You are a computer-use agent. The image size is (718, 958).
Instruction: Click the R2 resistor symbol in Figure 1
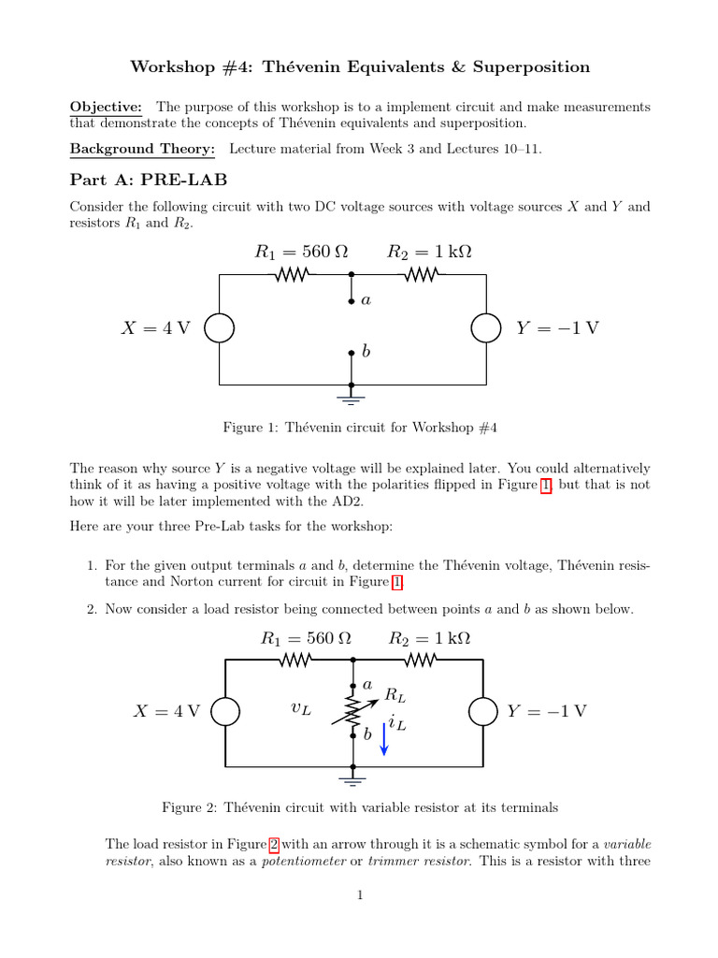point(422,275)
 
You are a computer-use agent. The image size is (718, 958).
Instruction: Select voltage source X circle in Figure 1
point(220,328)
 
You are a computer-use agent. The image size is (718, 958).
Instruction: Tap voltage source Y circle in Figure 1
point(485,328)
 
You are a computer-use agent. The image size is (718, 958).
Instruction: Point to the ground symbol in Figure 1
point(352,399)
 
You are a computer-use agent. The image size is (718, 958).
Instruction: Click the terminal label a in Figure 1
point(366,301)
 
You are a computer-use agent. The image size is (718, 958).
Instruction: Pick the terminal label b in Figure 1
point(366,352)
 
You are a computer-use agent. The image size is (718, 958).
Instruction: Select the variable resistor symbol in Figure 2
point(353,712)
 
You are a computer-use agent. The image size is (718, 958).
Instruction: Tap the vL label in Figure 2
point(301,711)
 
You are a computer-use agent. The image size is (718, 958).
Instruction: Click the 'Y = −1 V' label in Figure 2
point(547,711)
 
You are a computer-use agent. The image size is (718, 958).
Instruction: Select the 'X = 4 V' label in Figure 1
point(155,328)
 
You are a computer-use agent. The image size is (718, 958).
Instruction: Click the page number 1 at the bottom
point(359,895)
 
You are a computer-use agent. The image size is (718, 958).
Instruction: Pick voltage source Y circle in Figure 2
point(483,711)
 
